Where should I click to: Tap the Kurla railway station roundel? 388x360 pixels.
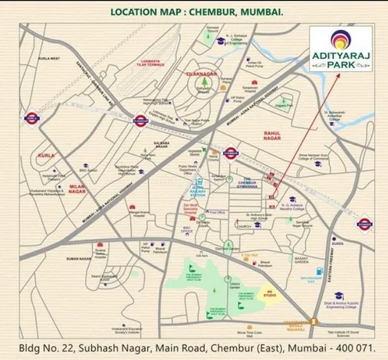31,119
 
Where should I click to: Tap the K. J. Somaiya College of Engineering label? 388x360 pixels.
241,40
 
